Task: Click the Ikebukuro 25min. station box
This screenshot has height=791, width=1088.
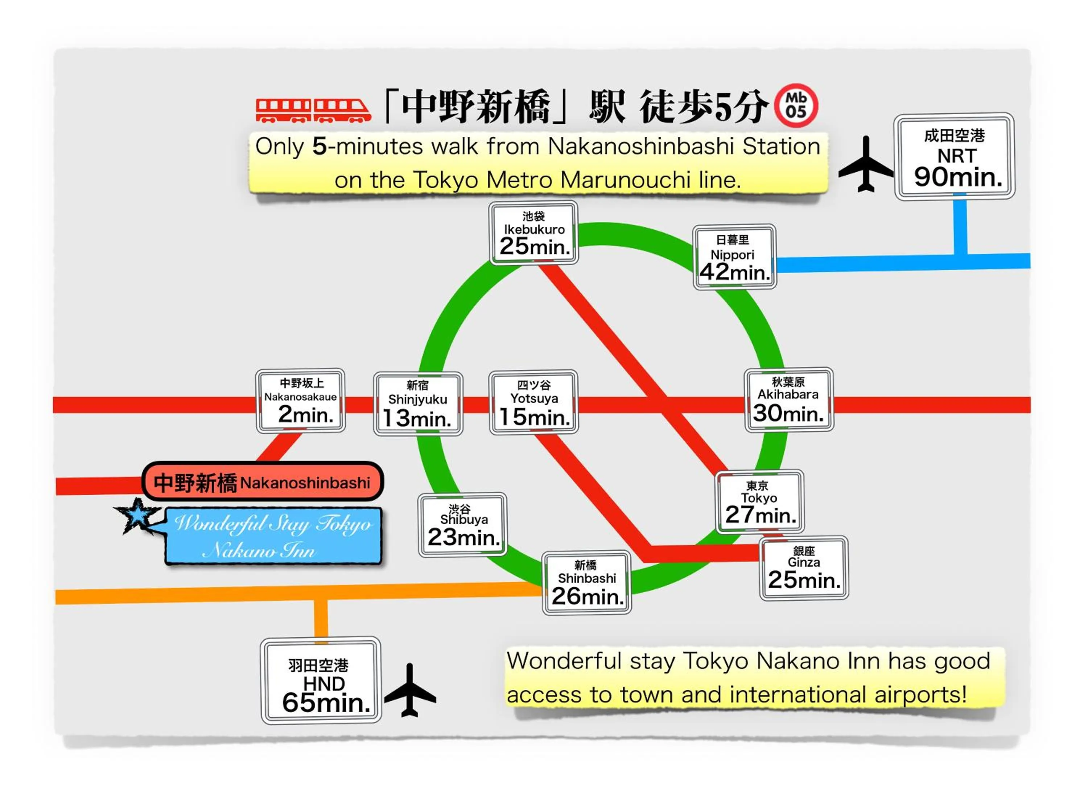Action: click(533, 233)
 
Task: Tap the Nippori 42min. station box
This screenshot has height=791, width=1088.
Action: click(734, 257)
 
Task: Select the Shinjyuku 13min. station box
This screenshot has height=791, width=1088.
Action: click(418, 404)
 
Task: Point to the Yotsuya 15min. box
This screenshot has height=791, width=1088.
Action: click(533, 402)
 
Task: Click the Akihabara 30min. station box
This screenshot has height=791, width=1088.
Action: click(789, 400)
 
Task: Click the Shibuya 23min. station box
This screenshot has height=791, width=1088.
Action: click(462, 525)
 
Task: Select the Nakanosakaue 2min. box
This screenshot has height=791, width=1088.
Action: click(300, 401)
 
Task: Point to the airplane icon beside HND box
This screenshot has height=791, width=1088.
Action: click(410, 691)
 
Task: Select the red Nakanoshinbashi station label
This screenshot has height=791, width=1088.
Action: click(263, 482)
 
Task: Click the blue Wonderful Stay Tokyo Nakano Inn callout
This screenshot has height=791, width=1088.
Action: click(273, 536)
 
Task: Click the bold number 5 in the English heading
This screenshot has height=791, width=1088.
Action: click(319, 146)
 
